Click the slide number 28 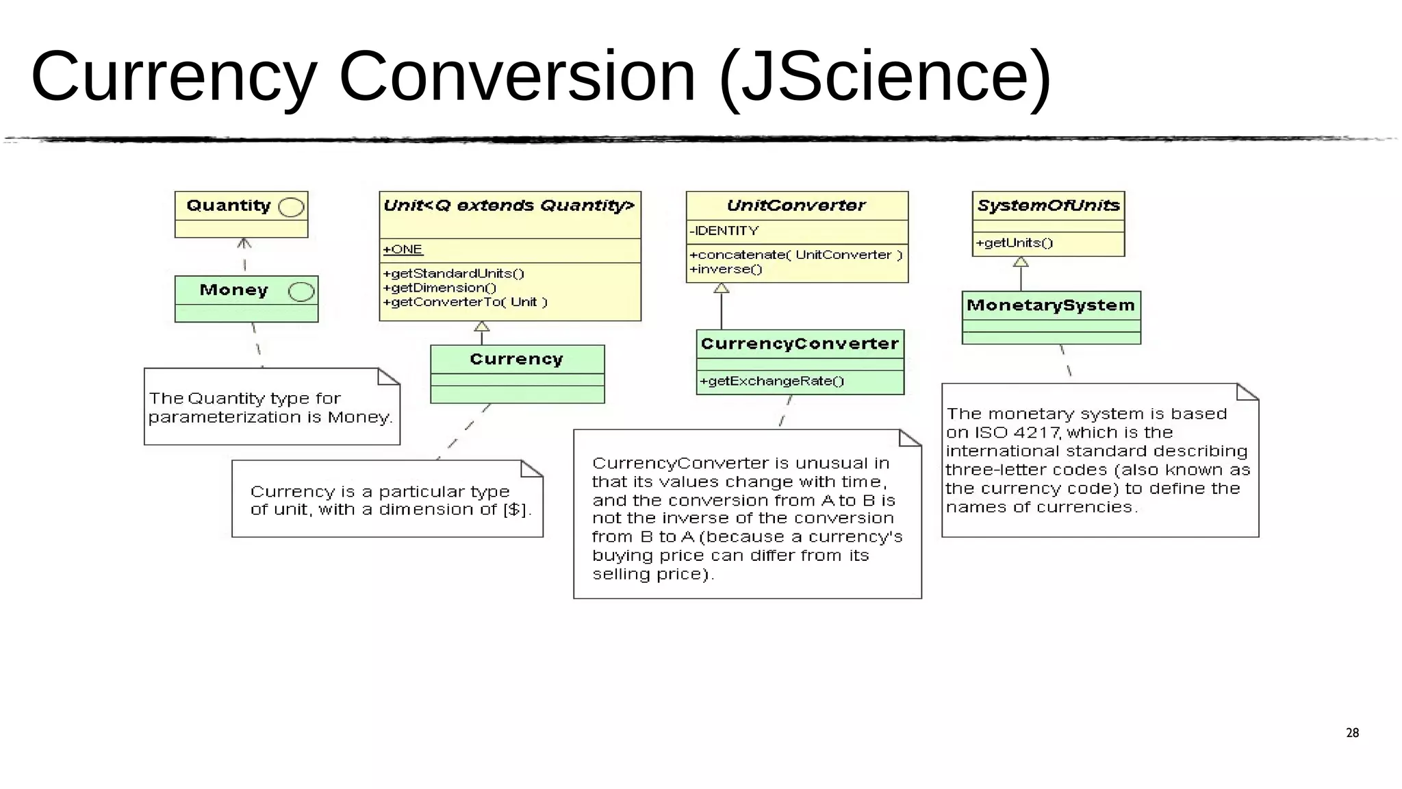point(1352,733)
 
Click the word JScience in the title point(884,77)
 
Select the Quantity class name point(229,205)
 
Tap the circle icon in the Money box point(301,292)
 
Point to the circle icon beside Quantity point(292,208)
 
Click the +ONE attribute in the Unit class point(403,249)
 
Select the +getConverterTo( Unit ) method point(465,302)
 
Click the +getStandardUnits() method point(453,273)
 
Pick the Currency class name point(516,359)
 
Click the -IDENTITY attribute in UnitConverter point(724,231)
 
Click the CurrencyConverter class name point(800,344)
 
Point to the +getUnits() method point(1014,242)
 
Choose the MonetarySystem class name point(1050,305)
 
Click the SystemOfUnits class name point(1048,205)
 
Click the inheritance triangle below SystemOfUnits point(1021,262)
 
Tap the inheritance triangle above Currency point(482,327)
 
